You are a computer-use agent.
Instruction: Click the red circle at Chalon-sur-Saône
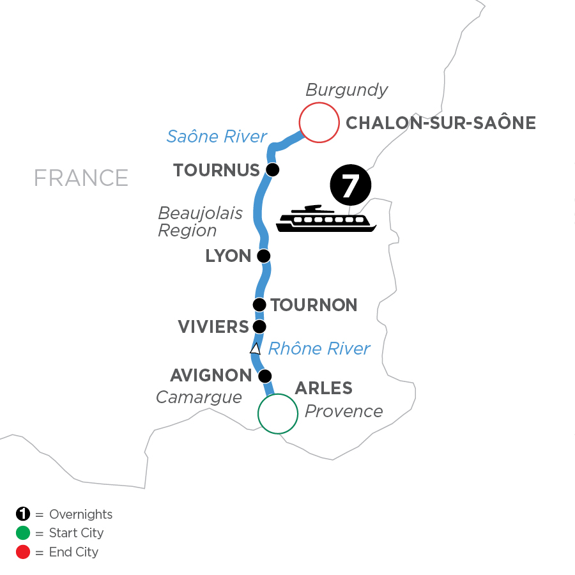[x=319, y=123]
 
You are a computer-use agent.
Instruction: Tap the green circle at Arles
[x=278, y=414]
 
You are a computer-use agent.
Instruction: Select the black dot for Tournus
[x=273, y=170]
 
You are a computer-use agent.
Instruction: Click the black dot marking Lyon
[x=263, y=256]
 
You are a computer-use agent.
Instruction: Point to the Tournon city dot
[x=259, y=305]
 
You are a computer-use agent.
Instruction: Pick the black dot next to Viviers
[x=259, y=326]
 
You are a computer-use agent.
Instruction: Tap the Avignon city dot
[x=264, y=376]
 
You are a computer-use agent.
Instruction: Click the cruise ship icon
[x=326, y=219]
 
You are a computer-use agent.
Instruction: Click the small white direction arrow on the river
[x=255, y=349]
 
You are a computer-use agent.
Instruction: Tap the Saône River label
[x=217, y=136]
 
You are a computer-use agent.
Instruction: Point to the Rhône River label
[x=319, y=348]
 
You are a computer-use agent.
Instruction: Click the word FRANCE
[x=81, y=178]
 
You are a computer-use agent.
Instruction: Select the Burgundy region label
[x=346, y=90]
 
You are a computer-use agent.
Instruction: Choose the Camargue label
[x=199, y=397]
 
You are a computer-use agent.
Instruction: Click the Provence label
[x=344, y=411]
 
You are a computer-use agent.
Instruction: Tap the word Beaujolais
[x=200, y=213]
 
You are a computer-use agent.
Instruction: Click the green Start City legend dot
[x=23, y=533]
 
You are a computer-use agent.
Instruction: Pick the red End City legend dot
[x=23, y=552]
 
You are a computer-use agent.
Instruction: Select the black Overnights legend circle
[x=23, y=514]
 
